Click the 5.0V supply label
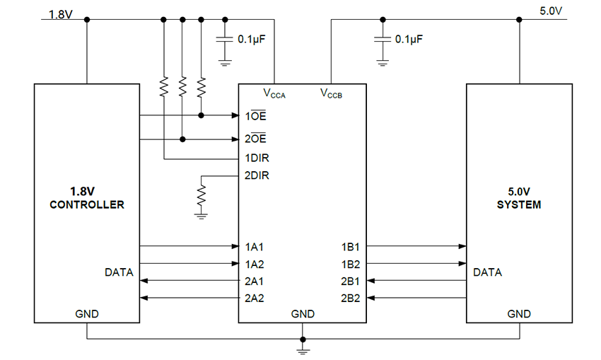point(552,12)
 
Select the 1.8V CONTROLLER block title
point(86,198)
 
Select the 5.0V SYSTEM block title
point(518,198)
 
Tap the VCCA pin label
point(274,93)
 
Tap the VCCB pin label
point(331,93)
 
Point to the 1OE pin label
point(255,115)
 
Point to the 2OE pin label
point(255,139)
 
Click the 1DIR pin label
point(257,158)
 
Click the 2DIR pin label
point(257,175)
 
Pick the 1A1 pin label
point(255,247)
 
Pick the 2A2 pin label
point(255,298)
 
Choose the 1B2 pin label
point(351,264)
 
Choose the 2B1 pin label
point(351,281)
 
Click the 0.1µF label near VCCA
point(251,40)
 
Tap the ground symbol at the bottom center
point(303,346)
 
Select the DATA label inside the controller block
point(119,272)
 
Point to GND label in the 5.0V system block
point(519,313)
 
